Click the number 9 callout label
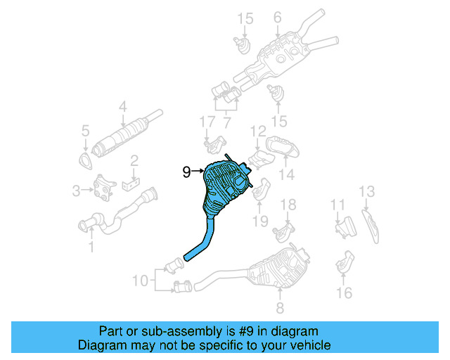pos(186,171)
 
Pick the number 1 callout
pos(90,246)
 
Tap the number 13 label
pos(367,191)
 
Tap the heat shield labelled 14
pos(285,149)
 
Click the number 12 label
pos(258,130)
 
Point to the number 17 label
pos(205,122)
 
